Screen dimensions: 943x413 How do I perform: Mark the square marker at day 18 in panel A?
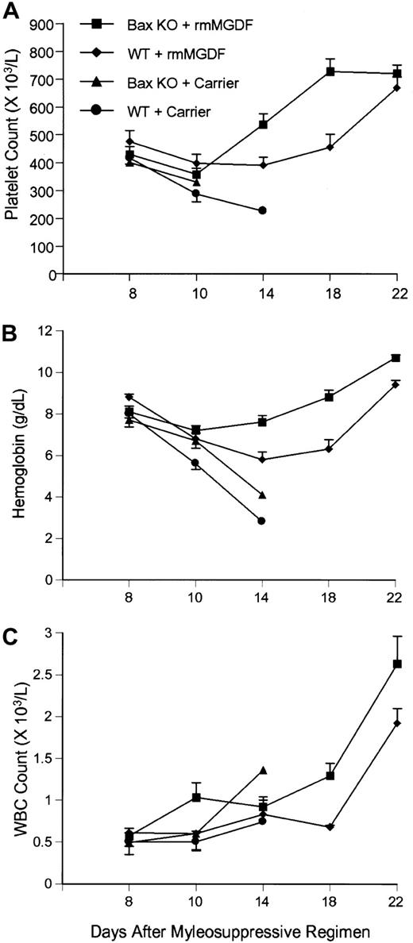(329, 71)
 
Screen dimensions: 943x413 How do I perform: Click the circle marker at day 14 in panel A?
(262, 210)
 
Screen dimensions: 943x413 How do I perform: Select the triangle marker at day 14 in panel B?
(262, 495)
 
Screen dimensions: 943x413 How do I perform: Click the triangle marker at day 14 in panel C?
(262, 770)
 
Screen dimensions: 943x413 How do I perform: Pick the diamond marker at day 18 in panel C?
(329, 826)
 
